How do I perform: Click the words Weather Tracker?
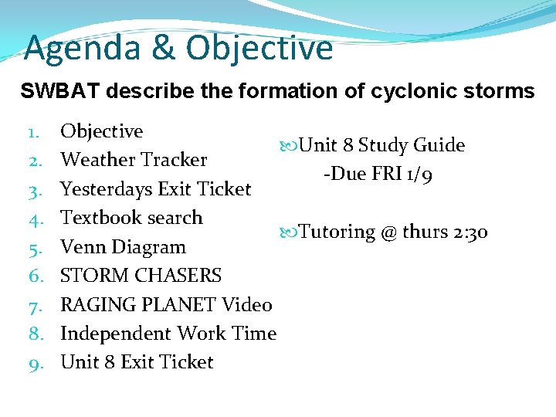[x=134, y=160]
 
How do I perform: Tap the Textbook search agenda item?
[x=131, y=218]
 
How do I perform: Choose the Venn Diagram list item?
[x=123, y=247]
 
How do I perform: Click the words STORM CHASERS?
[x=141, y=276]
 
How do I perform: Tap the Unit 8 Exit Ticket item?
[x=137, y=362]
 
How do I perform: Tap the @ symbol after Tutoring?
[x=389, y=232]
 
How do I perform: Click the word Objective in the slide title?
[x=259, y=49]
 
